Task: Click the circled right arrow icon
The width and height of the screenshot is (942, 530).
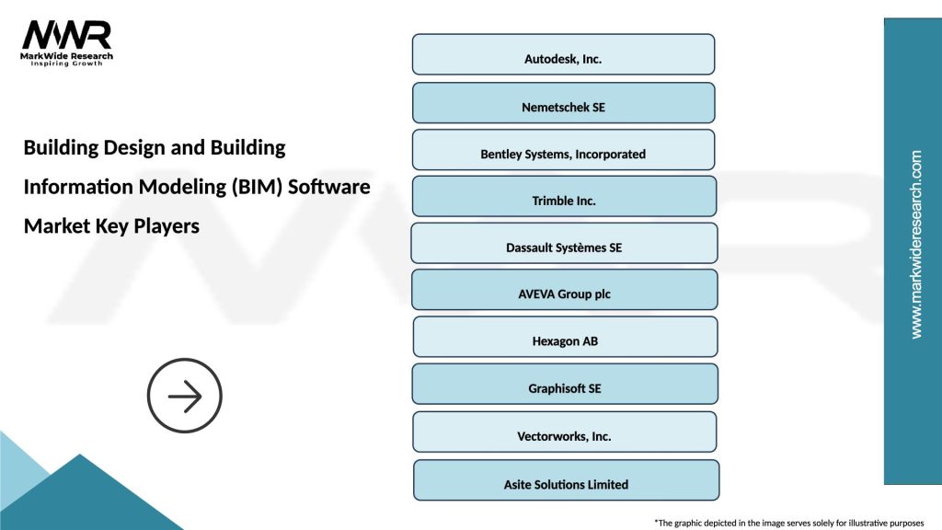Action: coord(185,397)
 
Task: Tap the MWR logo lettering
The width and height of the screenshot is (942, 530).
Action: coord(66,35)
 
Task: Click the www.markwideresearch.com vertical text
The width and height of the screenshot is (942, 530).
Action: coord(915,245)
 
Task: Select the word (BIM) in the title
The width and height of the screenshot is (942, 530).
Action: coord(254,187)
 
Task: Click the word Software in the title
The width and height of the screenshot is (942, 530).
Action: coord(328,187)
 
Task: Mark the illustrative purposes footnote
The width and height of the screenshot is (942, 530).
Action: coord(788,522)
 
